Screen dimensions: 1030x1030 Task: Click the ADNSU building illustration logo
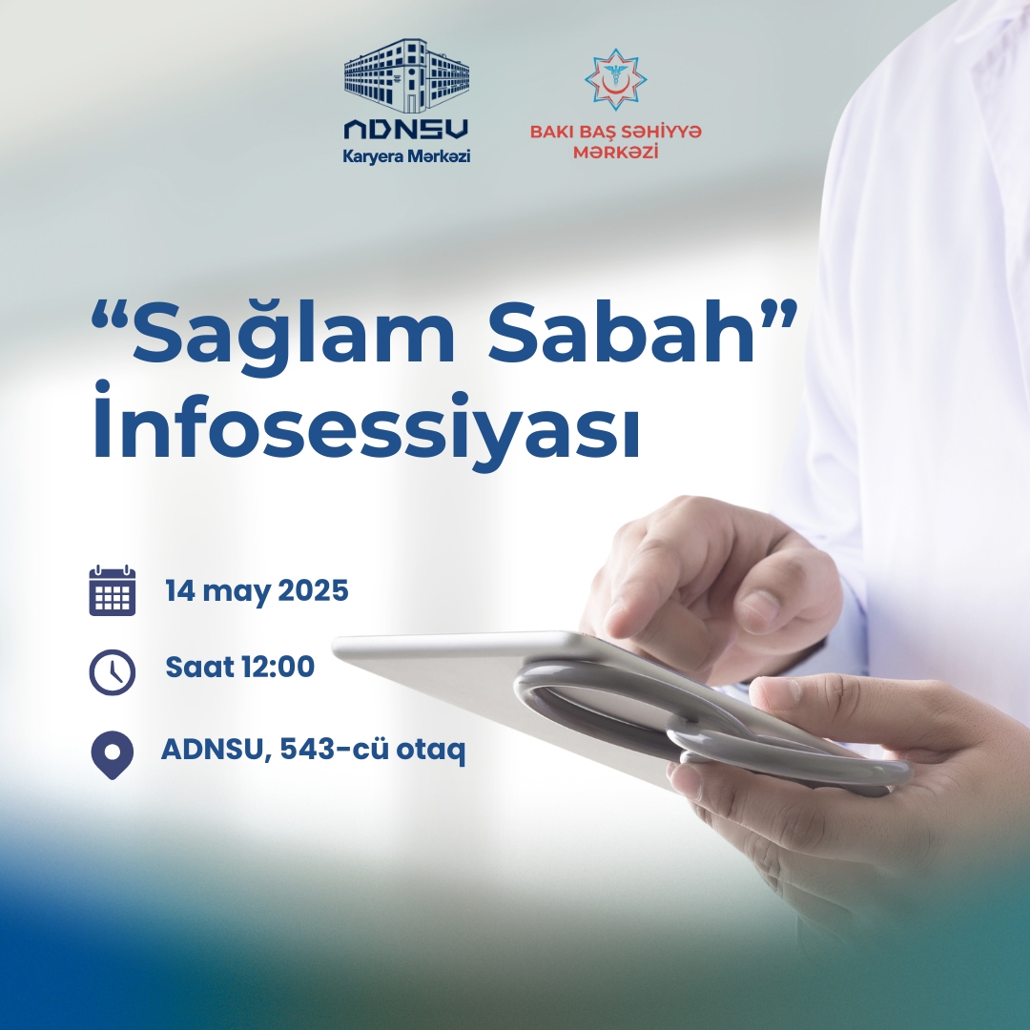pos(406,75)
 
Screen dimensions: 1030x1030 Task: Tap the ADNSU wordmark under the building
pos(406,130)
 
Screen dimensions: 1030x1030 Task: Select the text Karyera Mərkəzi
pos(406,157)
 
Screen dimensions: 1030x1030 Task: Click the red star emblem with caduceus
pos(615,79)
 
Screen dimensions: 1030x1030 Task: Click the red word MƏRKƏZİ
pos(615,153)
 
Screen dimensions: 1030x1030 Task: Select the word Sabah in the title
pos(621,333)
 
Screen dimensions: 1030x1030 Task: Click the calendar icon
pos(113,590)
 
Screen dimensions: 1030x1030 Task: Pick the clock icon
pos(113,672)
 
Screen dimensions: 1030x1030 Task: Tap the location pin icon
pos(113,754)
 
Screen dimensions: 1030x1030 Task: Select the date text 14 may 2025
pos(257,591)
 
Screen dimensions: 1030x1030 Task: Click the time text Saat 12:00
pos(239,667)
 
